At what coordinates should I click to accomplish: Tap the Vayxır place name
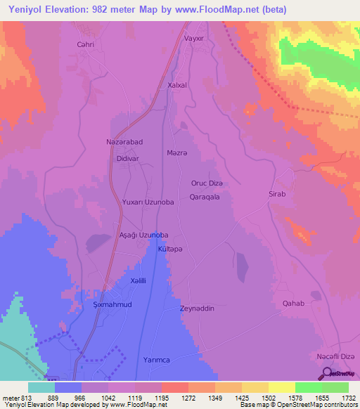pos(194,39)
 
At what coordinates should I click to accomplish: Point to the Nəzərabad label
pos(124,142)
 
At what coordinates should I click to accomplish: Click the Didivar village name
pos(126,159)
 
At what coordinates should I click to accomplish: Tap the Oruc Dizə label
pos(207,183)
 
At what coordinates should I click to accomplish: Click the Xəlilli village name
pos(138,281)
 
